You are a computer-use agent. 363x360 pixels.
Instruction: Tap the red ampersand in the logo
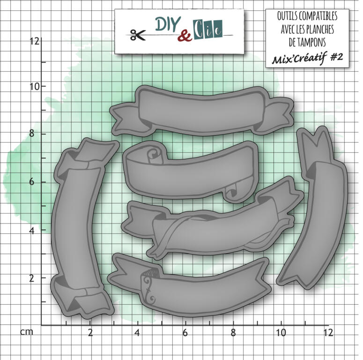click(185, 36)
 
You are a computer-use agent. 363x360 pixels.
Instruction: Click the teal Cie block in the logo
click(208, 30)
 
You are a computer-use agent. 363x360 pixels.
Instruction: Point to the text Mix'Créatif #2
click(307, 58)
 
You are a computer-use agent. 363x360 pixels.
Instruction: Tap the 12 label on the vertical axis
click(35, 41)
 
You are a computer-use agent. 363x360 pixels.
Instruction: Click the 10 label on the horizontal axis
click(281, 333)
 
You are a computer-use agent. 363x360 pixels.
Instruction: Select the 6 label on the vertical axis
click(32, 182)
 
